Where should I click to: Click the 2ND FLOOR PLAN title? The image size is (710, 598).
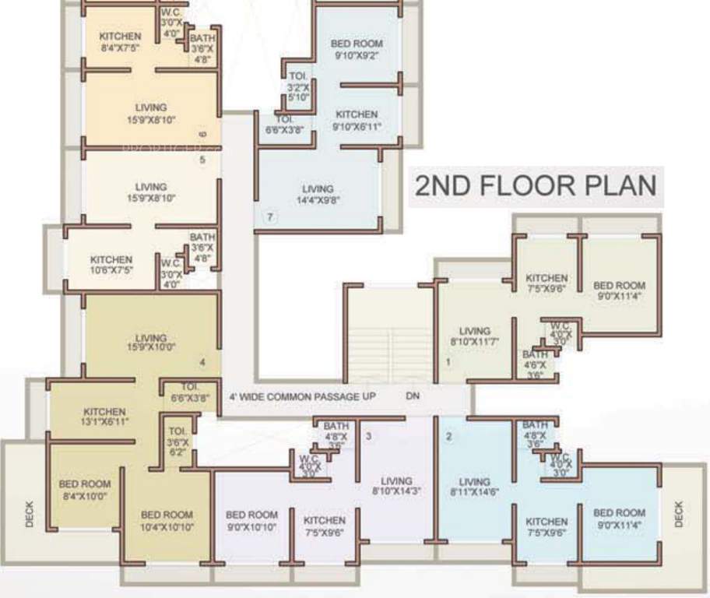[536, 186]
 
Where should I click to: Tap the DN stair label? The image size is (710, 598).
[413, 396]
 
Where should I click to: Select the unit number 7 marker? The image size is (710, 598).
[270, 216]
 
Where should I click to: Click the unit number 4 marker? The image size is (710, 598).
[202, 362]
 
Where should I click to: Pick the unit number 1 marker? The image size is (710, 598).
[448, 362]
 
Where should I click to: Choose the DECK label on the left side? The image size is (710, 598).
[30, 514]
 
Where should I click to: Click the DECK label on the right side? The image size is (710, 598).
[678, 514]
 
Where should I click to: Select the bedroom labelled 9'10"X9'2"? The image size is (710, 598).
[357, 50]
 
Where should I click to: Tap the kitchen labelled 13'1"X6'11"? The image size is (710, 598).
[105, 417]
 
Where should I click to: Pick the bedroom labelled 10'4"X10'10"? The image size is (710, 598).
[167, 521]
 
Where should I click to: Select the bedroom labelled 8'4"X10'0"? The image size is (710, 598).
[85, 490]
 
